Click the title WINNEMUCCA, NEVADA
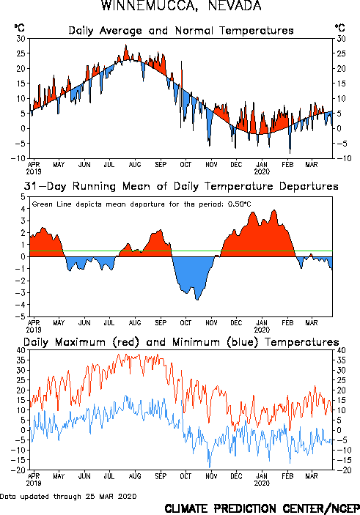pyautogui.click(x=181, y=6)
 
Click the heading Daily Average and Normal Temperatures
pyautogui.click(x=181, y=31)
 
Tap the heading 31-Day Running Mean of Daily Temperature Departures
pyautogui.click(x=181, y=186)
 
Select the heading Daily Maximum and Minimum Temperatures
pyautogui.click(x=181, y=342)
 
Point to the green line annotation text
pyautogui.click(x=142, y=204)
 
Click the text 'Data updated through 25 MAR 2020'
pyautogui.click(x=68, y=496)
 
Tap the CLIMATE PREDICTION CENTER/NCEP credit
pyautogui.click(x=262, y=508)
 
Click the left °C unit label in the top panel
pyautogui.click(x=19, y=28)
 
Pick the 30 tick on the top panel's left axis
pyautogui.click(x=21, y=38)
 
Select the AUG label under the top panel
pyautogui.click(x=135, y=164)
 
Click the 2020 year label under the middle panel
pyautogui.click(x=262, y=330)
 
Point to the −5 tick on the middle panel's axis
pyautogui.click(x=21, y=316)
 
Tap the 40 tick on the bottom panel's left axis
pyautogui.click(x=21, y=350)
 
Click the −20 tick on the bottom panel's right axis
pyautogui.click(x=340, y=470)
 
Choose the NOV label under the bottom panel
pyautogui.click(x=211, y=476)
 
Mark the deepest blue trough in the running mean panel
pyautogui.click(x=197, y=299)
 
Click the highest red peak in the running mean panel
pyautogui.click(x=274, y=210)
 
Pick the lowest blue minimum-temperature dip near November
pyautogui.click(x=210, y=467)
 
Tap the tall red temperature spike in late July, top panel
pyautogui.click(x=125, y=45)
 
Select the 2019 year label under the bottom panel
pyautogui.click(x=34, y=483)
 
